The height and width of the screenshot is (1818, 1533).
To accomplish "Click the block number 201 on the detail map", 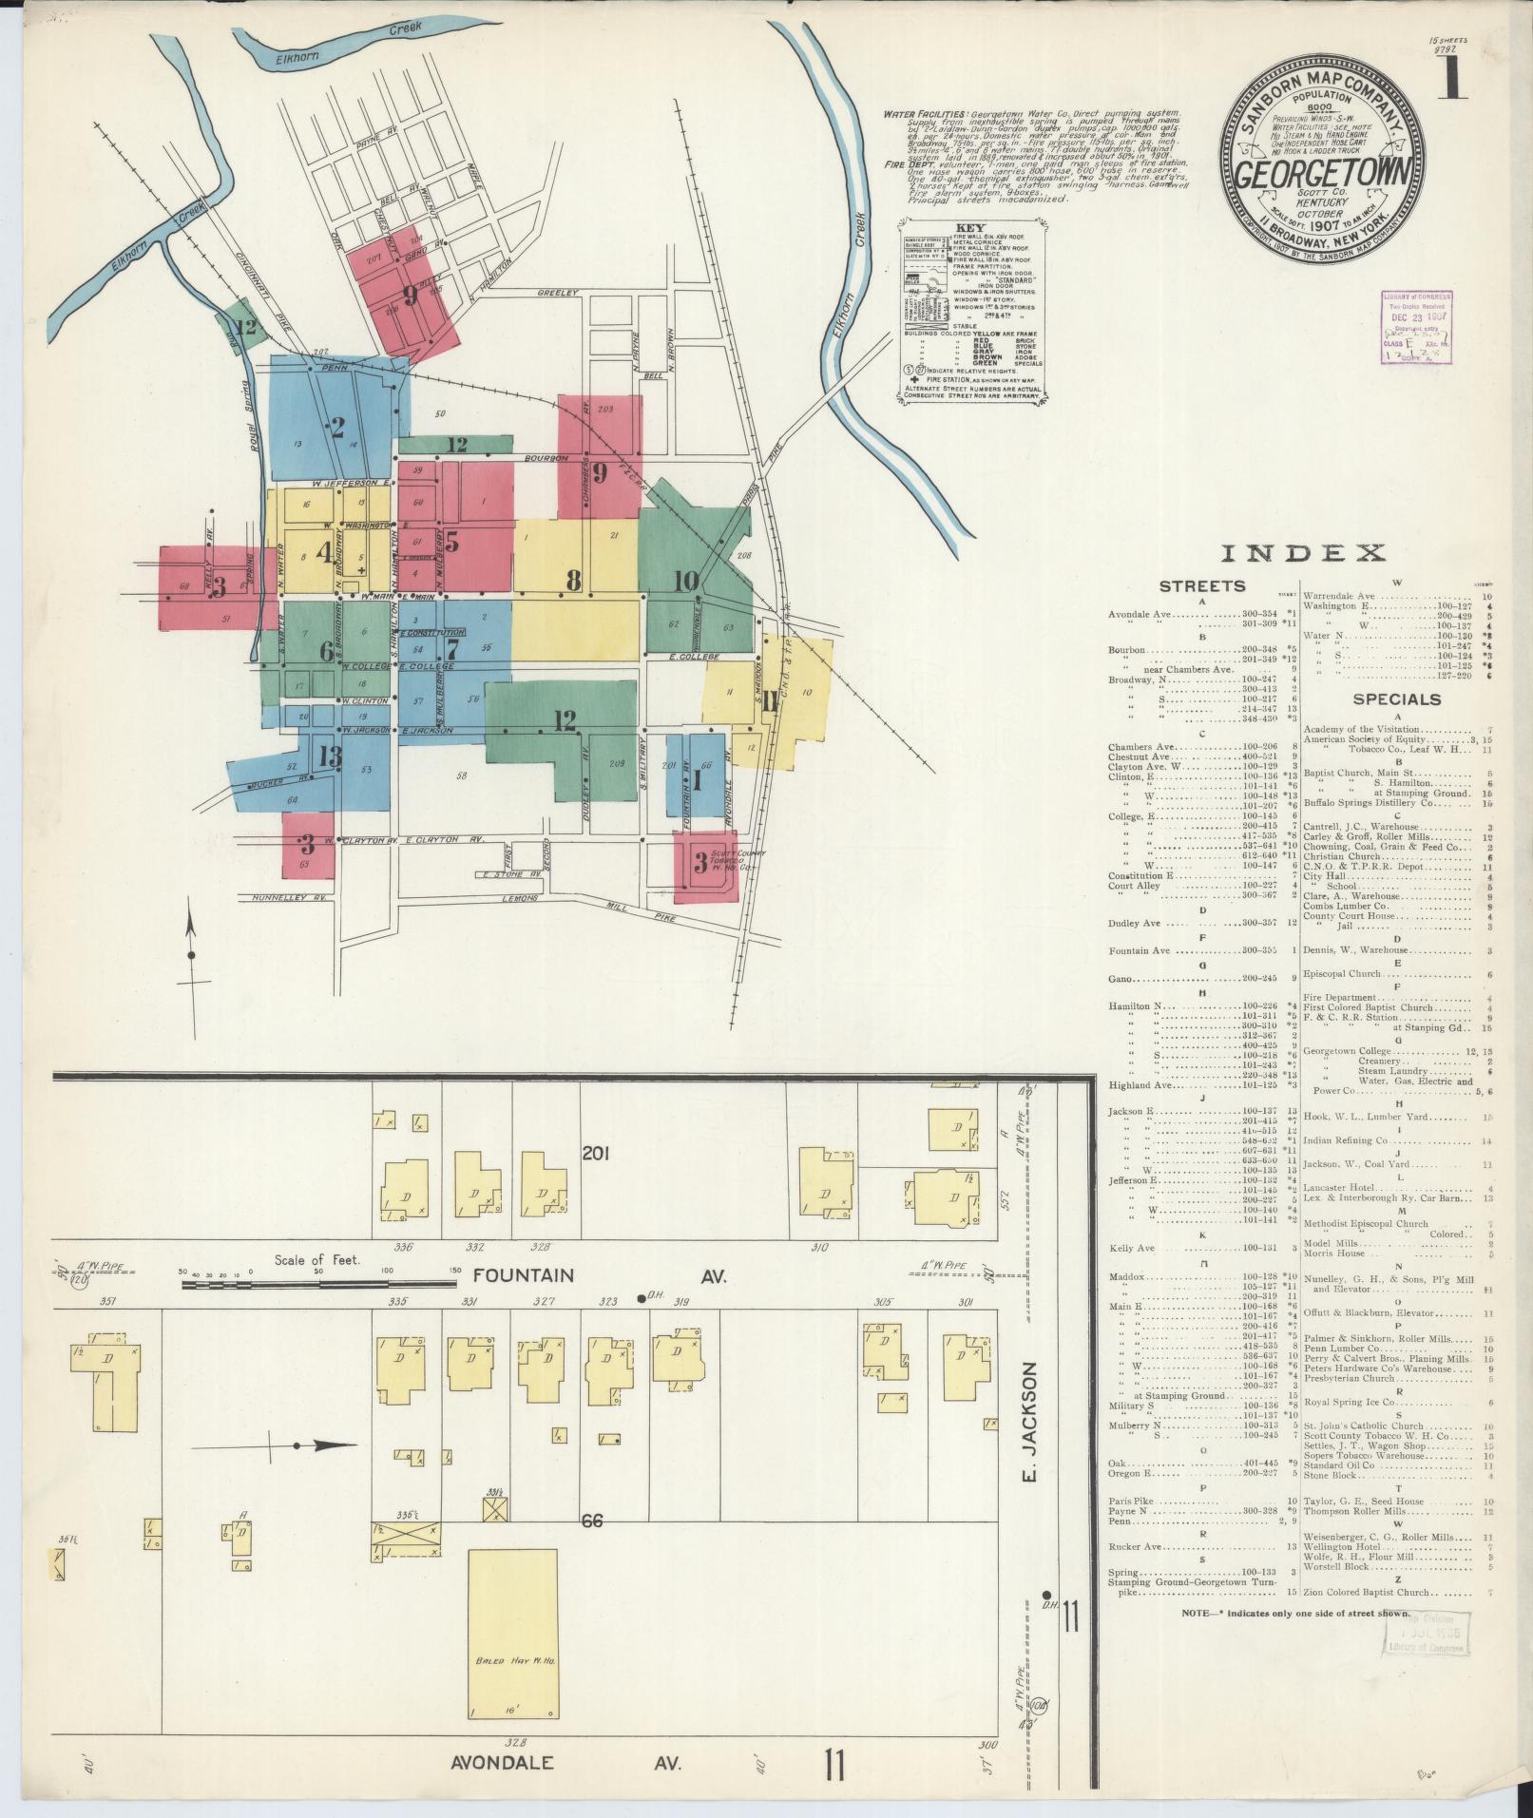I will (x=596, y=1154).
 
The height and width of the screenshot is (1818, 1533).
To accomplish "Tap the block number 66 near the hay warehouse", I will (x=593, y=1521).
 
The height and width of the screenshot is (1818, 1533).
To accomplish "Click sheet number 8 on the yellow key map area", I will (x=573, y=580).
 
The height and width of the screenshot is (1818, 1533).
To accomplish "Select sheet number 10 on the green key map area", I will (x=686, y=582).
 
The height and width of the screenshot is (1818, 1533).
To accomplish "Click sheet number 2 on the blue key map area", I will (x=336, y=428).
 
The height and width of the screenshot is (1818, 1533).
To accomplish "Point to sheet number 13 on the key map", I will (x=330, y=756).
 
